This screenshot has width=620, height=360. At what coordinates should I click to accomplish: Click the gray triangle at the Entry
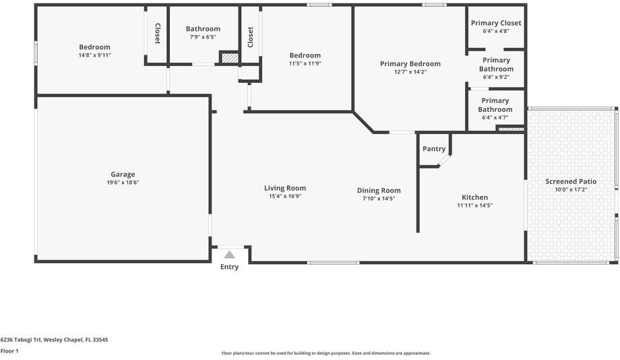point(229,255)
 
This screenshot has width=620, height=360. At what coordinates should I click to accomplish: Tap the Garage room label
point(123,174)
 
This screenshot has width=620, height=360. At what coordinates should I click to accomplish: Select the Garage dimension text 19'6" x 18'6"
point(123,183)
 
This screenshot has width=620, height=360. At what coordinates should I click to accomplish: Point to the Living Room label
point(285,188)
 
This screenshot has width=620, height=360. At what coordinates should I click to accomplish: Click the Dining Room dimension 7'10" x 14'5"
point(379,199)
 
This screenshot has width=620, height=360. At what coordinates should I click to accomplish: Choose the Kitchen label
point(474,198)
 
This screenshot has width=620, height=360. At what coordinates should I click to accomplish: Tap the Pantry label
point(434,149)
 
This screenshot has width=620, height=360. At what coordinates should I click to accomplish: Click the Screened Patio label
point(571,181)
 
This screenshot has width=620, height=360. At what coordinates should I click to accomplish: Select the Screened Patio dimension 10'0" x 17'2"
point(571,190)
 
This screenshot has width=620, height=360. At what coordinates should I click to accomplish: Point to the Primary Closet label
point(496,23)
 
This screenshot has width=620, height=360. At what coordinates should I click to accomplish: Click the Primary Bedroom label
point(403,63)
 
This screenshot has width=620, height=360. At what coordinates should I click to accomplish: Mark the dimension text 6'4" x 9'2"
point(496,77)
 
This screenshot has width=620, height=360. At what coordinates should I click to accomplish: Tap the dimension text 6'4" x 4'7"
point(496,117)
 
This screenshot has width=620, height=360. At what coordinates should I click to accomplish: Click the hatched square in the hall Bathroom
point(230,59)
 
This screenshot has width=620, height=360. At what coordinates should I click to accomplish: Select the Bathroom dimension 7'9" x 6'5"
point(203,37)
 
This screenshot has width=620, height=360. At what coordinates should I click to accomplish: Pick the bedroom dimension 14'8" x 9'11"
point(94,55)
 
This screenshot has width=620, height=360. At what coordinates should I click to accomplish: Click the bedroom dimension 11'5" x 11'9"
point(305,64)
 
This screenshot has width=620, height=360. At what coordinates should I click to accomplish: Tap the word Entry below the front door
point(229,268)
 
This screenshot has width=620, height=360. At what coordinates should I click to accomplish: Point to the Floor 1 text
point(9,351)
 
